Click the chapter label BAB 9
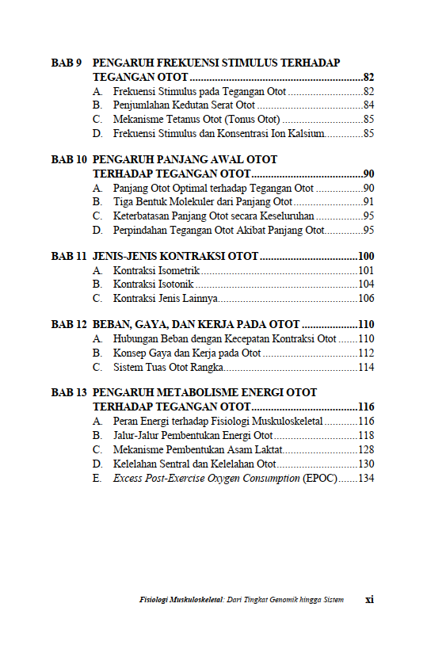67,63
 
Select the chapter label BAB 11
69,257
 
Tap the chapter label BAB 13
69,392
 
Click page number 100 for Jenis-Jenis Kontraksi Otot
365,257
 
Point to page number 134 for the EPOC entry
365,479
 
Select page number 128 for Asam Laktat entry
365,450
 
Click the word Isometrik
180,271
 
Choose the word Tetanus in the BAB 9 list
185,120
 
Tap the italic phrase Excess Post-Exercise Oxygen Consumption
206,479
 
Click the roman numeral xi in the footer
369,600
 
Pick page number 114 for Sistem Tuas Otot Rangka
365,367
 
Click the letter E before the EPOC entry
96,479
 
